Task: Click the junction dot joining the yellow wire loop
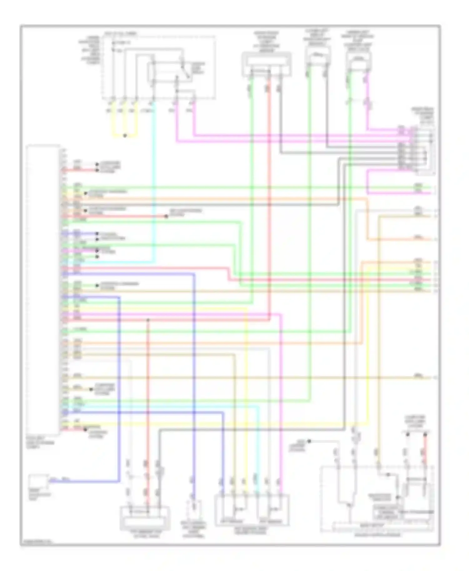click(x=125, y=136)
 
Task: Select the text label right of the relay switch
click(x=198, y=68)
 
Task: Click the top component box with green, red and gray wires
click(x=266, y=64)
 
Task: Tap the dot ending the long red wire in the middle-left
click(x=166, y=216)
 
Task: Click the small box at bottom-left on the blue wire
click(x=38, y=482)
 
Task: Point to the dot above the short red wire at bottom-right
click(x=425, y=434)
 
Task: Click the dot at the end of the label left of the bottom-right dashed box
click(x=309, y=441)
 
